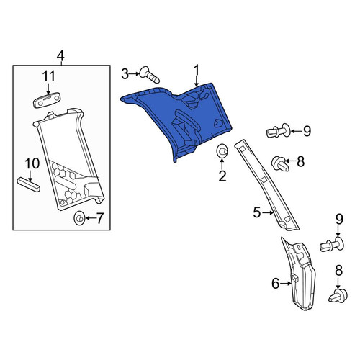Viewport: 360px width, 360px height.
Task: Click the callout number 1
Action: click(197, 71)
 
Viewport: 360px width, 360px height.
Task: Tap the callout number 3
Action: click(125, 74)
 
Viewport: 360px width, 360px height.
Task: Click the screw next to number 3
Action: click(149, 75)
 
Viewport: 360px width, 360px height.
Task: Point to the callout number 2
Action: click(222, 176)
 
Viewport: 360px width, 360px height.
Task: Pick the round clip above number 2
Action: click(222, 151)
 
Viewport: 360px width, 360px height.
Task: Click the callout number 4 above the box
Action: click(60, 56)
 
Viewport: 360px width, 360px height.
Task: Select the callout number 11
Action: click(49, 76)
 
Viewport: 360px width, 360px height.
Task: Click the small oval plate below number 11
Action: click(47, 100)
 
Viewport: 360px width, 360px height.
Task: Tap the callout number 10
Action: click(32, 163)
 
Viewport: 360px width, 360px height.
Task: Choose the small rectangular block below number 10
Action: click(29, 184)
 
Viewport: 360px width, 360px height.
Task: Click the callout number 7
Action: click(99, 218)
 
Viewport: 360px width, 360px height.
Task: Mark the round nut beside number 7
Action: click(79, 218)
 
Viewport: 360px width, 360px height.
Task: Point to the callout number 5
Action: click(257, 212)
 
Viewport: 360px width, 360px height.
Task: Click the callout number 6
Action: click(276, 284)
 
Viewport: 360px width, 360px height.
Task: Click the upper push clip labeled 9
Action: click(279, 131)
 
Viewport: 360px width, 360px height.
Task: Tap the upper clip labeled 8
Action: click(280, 163)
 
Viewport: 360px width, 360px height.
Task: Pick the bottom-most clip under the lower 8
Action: click(338, 296)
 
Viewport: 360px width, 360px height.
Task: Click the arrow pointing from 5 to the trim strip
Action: click(268, 212)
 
